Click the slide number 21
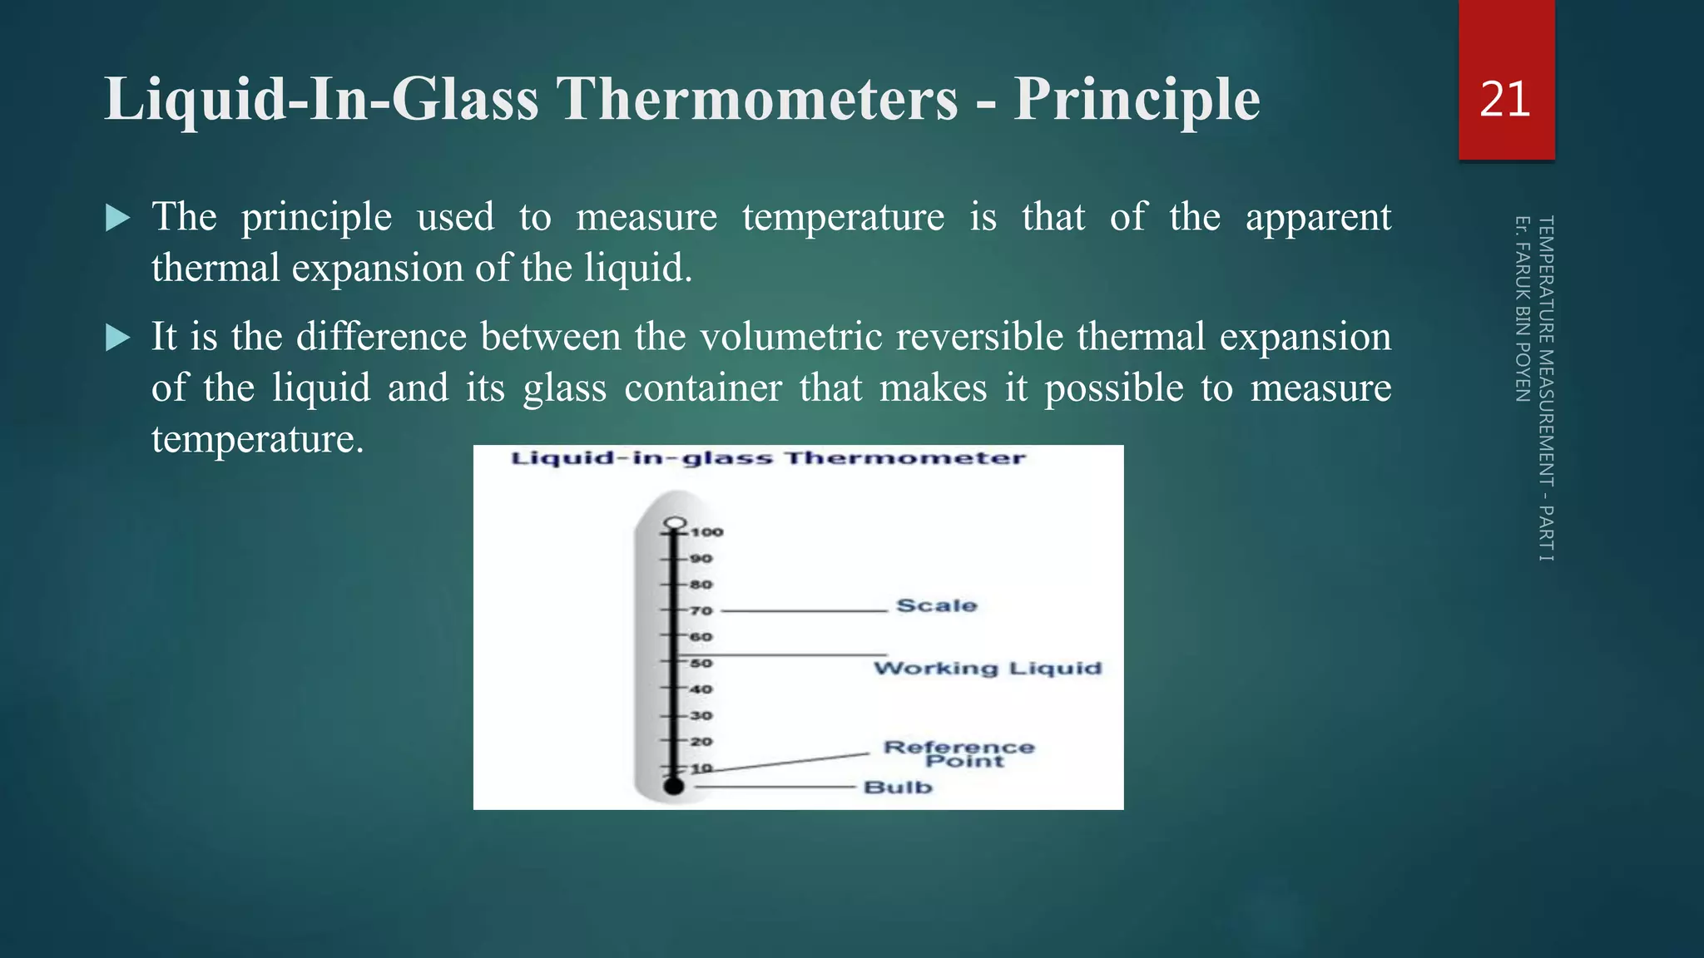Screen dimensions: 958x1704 pos(1505,100)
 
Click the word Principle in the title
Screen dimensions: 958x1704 pos(1136,100)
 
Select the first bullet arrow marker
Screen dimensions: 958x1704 pos(118,219)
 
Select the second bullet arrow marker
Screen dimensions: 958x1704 pos(118,338)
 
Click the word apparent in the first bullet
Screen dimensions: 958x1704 pos(1317,218)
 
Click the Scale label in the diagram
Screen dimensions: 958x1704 pos(936,605)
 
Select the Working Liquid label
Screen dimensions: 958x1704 pos(987,669)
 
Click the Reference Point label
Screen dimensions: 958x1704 pos(959,754)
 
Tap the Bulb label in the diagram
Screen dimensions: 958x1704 pos(898,788)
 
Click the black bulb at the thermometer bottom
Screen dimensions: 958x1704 pos(674,786)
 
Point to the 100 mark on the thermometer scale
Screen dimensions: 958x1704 pos(706,532)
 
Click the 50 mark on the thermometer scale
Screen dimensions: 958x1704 pos(701,664)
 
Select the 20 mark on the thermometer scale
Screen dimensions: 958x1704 pos(701,742)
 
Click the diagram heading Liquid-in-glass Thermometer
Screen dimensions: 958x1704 pos(767,458)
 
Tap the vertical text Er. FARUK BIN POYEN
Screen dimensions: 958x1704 pos(1522,309)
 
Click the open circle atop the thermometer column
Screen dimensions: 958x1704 pos(675,524)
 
